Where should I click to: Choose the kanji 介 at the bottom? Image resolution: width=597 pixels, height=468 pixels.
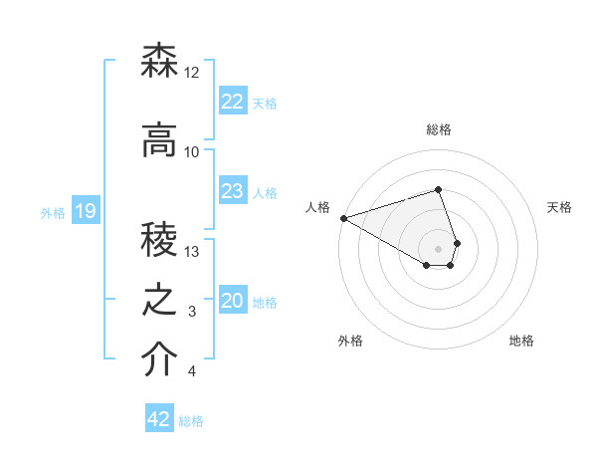tap(160, 360)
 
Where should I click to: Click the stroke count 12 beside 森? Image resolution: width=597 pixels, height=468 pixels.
tap(192, 73)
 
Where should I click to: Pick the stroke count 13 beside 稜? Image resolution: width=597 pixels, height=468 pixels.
tap(192, 252)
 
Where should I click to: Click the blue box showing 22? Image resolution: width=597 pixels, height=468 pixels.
tap(232, 101)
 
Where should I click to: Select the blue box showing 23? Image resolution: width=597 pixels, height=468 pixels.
tap(232, 191)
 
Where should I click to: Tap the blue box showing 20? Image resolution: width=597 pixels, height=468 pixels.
tap(232, 301)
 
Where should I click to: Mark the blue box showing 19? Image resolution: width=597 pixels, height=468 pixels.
tap(85, 210)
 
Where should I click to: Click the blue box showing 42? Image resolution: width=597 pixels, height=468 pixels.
tap(158, 419)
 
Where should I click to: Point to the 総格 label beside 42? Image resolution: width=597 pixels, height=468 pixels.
tap(192, 421)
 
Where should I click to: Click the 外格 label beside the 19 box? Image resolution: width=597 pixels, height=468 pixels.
tap(53, 212)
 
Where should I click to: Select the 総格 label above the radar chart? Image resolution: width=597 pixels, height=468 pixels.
tap(439, 129)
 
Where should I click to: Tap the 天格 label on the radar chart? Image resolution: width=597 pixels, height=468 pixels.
tap(560, 207)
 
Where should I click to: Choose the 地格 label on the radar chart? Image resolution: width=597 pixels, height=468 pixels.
tap(521, 341)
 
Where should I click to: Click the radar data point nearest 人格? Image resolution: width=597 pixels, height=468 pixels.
tap(342, 217)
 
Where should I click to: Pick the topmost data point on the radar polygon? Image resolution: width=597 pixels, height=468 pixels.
tap(438, 189)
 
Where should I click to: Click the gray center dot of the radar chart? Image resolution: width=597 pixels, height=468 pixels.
tap(438, 248)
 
